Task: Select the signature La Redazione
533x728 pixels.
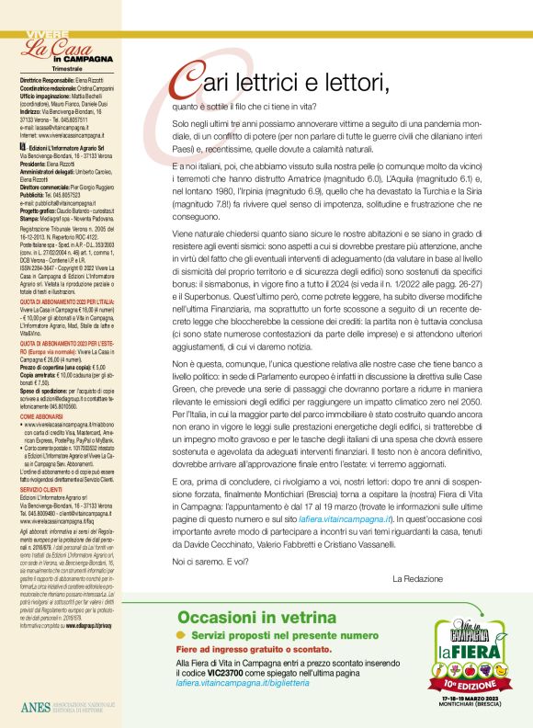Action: (417, 578)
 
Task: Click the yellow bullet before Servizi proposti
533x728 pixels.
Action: (182, 635)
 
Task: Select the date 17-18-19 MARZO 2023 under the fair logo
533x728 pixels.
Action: (471, 698)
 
